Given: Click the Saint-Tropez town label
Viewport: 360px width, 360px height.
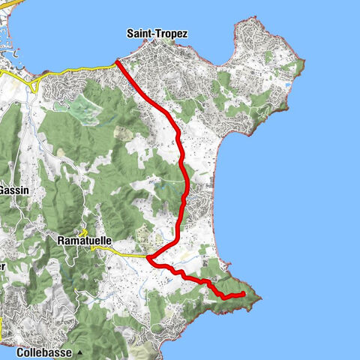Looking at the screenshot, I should point(157,34).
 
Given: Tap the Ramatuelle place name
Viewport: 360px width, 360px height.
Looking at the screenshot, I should point(84,241).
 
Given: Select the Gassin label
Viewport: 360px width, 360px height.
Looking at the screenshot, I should point(13,190).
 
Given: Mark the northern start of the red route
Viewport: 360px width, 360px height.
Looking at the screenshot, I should point(117,62).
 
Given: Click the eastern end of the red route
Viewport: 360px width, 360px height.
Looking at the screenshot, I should point(245,294).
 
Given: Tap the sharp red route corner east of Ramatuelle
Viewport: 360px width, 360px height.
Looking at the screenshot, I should point(148,259).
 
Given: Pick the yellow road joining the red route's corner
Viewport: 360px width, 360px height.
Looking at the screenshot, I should point(127,256).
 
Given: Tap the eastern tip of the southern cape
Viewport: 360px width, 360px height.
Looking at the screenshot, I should point(262,297).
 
